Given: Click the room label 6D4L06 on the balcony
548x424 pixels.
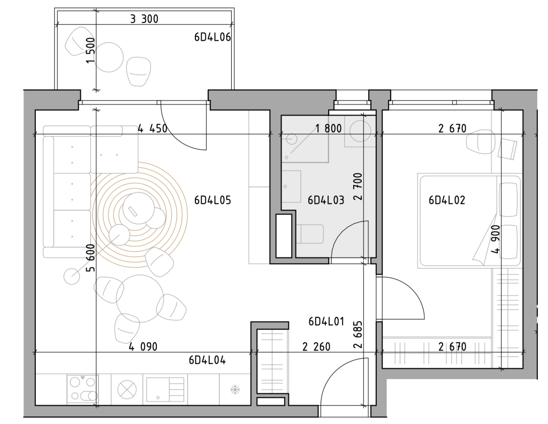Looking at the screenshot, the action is tap(212, 37).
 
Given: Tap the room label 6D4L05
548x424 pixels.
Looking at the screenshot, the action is tap(212, 200).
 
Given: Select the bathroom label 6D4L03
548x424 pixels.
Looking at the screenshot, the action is tap(326, 200).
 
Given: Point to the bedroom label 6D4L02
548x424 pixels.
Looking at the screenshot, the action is tap(447, 200).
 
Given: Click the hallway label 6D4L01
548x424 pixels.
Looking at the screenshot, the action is tap(326, 321).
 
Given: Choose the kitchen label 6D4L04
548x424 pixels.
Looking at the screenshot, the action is tap(207, 360).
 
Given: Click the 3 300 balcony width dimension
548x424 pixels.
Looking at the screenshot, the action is tap(144, 19).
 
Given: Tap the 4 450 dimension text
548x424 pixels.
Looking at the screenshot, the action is tap(153, 128).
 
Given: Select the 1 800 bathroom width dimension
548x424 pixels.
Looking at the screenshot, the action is tap(329, 128).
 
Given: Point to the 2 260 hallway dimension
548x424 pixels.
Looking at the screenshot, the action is tap(316, 347).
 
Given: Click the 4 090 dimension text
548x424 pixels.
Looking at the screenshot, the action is tap(143, 347).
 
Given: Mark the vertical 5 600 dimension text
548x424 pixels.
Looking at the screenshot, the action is tap(90, 258).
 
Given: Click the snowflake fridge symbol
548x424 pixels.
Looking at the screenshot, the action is tap(235, 390).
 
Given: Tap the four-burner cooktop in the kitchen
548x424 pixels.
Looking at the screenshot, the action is tap(82, 388).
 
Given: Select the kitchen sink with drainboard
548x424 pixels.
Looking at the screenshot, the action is tap(165, 389).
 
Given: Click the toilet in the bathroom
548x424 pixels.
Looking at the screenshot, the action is tap(310, 234).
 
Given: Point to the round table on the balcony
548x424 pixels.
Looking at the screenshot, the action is tap(109, 57).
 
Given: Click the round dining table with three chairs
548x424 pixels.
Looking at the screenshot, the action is tap(140, 299).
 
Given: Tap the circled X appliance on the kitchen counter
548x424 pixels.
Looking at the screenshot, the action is tap(127, 389).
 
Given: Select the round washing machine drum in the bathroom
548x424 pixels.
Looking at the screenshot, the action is tap(360, 131).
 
